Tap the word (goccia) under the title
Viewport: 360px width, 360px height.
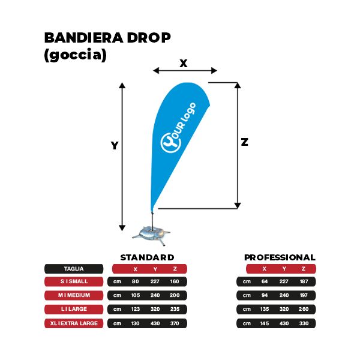point(76,55)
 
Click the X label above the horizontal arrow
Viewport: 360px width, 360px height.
point(184,63)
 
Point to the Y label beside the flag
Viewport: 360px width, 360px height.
point(115,146)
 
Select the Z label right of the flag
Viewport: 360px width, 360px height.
point(245,142)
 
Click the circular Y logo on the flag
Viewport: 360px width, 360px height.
point(170,143)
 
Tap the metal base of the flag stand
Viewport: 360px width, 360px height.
point(151,235)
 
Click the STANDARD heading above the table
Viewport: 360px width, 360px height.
point(147,257)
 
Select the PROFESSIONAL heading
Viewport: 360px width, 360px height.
point(280,257)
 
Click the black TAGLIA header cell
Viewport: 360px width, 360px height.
point(74,269)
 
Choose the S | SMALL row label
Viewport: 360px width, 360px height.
point(74,281)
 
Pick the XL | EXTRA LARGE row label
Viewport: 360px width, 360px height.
point(74,323)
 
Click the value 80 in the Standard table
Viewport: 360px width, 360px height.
point(135,281)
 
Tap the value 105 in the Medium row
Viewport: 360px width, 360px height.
point(136,295)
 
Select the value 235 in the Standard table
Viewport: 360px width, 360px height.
point(175,309)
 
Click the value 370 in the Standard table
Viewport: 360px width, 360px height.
point(175,323)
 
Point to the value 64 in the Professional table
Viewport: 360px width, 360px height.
point(265,281)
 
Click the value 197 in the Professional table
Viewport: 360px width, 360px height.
point(304,295)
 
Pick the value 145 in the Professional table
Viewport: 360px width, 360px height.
point(265,323)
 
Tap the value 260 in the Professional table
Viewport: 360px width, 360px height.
point(304,309)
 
